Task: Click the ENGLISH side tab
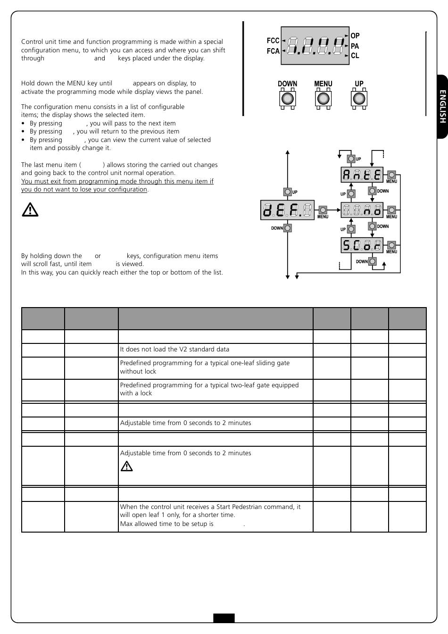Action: point(442,107)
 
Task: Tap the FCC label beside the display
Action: point(273,41)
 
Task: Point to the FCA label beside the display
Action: point(273,51)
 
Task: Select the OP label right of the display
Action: point(355,36)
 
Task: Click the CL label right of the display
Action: point(355,56)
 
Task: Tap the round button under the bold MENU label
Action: point(323,99)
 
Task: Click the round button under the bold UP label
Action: point(359,99)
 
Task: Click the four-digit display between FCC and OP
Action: point(315,46)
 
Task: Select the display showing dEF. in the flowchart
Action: point(287,210)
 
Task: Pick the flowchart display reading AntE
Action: point(362,175)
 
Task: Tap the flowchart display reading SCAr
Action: point(362,245)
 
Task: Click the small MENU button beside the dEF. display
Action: point(323,210)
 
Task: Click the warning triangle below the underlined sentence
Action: point(30,209)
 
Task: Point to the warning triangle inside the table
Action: point(126,466)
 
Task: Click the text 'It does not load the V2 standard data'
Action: point(174,350)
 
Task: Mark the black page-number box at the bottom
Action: point(224,618)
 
